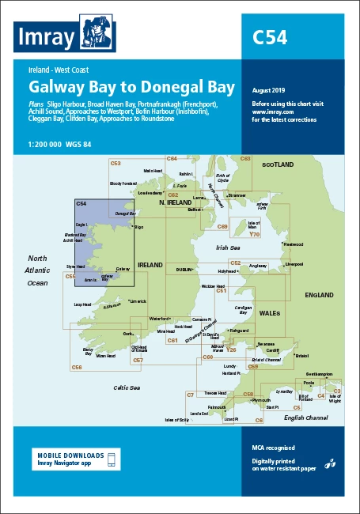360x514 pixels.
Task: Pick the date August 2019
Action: pos(270,91)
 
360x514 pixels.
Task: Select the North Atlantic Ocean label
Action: pos(38,270)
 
